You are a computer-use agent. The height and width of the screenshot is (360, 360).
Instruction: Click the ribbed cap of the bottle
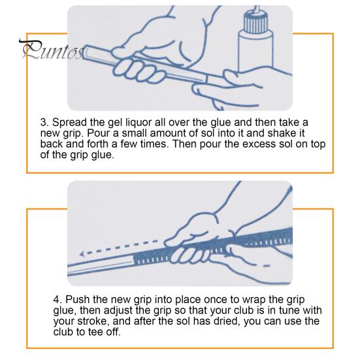tap(255, 22)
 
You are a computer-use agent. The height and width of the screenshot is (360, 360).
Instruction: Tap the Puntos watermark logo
tap(52, 50)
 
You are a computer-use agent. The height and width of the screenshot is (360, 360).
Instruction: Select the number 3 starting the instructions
tap(44, 122)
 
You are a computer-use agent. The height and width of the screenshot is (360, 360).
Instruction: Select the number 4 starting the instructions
tap(56, 300)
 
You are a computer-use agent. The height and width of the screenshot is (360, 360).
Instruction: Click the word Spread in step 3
tap(69, 123)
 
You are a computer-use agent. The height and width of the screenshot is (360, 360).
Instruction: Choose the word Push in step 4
tap(78, 300)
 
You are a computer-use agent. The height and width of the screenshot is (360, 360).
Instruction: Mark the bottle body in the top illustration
tap(255, 52)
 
